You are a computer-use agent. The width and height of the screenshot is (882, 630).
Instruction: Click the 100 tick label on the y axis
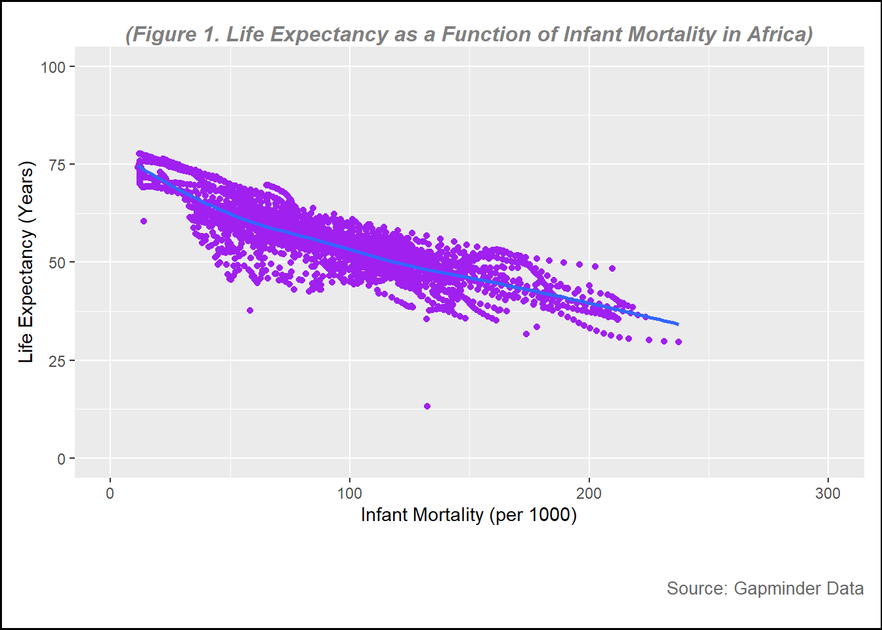52,67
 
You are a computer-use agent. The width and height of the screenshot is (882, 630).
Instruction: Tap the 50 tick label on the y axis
57,262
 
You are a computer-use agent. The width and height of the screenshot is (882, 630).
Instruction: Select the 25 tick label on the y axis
57,360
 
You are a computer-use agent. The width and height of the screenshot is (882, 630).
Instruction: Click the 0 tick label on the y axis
61,459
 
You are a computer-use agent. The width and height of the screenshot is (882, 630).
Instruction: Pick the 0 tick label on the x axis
110,494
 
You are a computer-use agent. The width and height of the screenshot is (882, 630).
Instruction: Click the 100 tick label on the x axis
349,494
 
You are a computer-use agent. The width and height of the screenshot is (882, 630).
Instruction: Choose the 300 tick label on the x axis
828,494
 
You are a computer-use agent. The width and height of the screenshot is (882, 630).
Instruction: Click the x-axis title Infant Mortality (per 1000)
469,515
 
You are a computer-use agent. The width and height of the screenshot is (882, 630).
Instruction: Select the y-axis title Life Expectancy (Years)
26,262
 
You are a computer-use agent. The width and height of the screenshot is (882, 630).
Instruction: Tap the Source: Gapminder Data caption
765,588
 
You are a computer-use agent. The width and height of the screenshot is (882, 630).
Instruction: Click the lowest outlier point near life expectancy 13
427,406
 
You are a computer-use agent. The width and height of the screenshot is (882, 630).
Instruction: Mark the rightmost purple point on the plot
679,342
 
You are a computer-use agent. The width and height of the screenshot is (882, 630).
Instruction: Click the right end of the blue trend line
678,324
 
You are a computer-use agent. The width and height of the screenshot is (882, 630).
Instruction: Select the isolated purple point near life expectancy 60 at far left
144,221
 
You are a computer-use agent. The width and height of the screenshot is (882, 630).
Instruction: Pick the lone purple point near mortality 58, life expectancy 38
250,310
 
